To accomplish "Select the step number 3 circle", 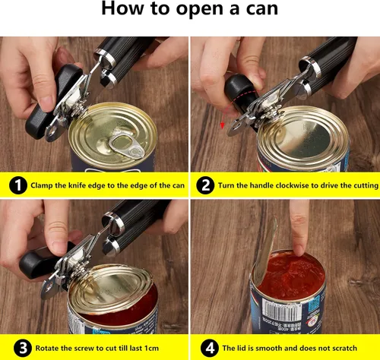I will [16, 349].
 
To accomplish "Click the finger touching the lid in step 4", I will [299, 228].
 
